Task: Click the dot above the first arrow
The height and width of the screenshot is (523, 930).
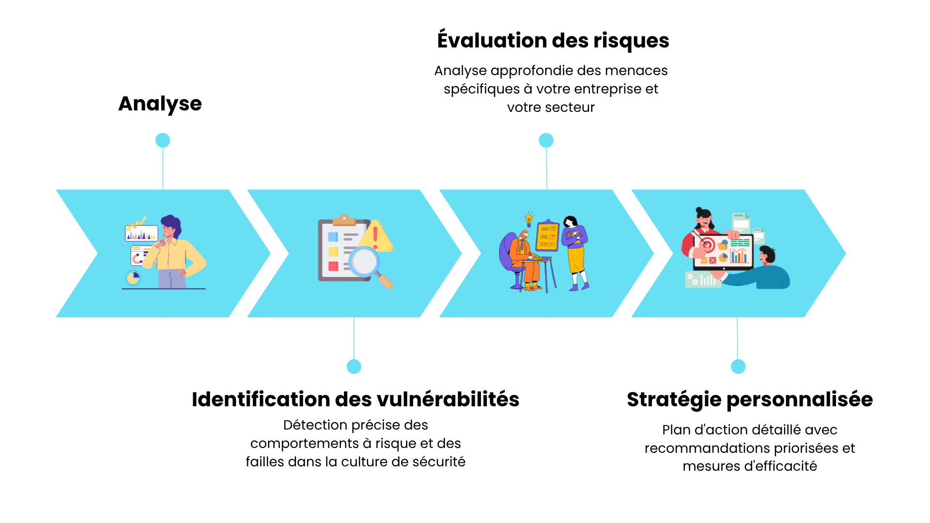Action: pos(163,140)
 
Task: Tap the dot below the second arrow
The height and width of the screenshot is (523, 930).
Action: pos(354,367)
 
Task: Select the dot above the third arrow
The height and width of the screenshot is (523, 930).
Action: pos(546,140)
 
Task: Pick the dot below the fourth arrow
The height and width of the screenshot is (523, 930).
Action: pos(738,367)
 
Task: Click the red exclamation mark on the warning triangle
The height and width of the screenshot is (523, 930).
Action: pos(375,237)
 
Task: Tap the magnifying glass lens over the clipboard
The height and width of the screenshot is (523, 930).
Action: pos(365,262)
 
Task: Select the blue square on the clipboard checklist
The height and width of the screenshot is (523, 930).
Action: pos(333,237)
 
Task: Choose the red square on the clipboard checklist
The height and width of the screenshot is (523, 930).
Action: pos(333,266)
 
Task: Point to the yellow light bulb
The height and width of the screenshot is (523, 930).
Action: pos(529,219)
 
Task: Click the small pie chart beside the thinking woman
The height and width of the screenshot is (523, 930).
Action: pos(133,278)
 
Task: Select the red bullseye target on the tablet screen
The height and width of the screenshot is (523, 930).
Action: pos(707,245)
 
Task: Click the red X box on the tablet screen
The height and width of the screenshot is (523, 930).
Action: pos(713,261)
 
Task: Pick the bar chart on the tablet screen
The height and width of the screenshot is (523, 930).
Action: pos(739,256)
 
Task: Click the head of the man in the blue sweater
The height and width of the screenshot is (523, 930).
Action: pos(767,255)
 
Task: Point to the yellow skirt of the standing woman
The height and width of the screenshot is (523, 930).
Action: pos(576,260)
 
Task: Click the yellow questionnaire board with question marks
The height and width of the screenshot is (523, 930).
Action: pos(548,236)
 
